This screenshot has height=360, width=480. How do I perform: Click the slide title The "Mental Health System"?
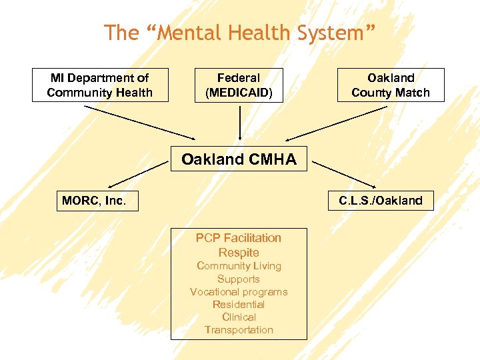240,32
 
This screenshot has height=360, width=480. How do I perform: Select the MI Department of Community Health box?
100,85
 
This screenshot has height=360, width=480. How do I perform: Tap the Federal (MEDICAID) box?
239,85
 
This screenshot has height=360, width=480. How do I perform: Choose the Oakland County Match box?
391,85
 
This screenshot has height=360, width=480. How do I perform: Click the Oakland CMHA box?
239,159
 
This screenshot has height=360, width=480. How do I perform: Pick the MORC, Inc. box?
97,200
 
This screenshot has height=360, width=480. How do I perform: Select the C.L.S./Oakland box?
381,200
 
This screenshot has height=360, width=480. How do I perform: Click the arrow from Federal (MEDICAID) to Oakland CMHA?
239,123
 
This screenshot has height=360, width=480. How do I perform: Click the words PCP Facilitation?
239,238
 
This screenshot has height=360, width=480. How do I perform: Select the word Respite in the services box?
239,253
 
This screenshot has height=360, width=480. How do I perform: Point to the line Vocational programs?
239,292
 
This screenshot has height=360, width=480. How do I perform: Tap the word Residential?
239,305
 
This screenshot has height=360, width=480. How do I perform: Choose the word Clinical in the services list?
239,317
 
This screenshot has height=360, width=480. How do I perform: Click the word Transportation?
239,330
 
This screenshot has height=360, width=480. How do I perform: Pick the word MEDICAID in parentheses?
239,93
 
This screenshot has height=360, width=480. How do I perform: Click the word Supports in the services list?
239,279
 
